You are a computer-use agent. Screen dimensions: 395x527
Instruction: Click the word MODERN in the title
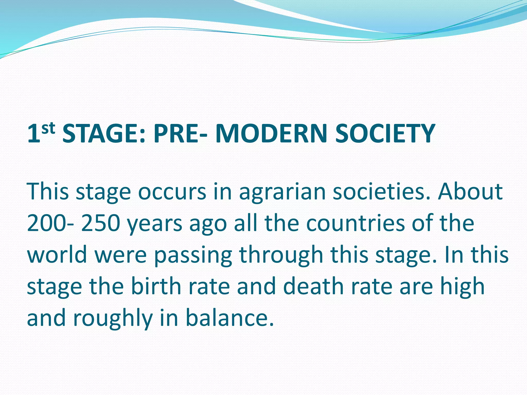tap(271, 134)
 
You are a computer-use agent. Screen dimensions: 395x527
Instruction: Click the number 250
tap(101, 223)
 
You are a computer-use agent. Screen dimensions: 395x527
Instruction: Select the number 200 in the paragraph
tap(46, 223)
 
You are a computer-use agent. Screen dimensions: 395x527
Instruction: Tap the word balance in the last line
tap(229, 318)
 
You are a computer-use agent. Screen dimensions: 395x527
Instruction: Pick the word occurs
tap(172, 192)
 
